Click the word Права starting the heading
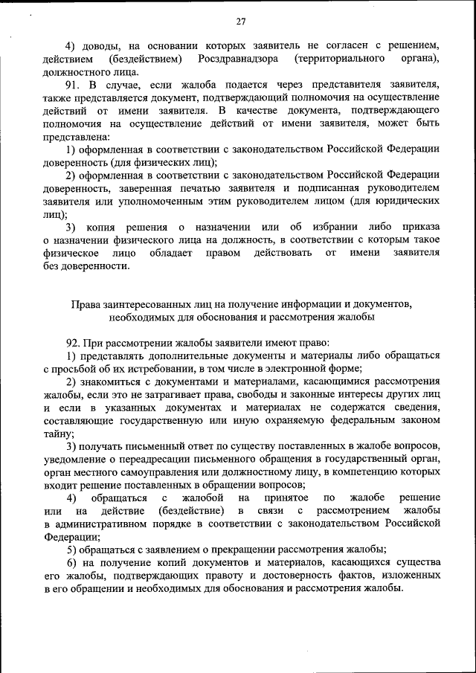click(85, 303)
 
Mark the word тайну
click(58, 434)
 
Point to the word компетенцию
click(361, 472)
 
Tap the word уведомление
click(78, 460)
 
